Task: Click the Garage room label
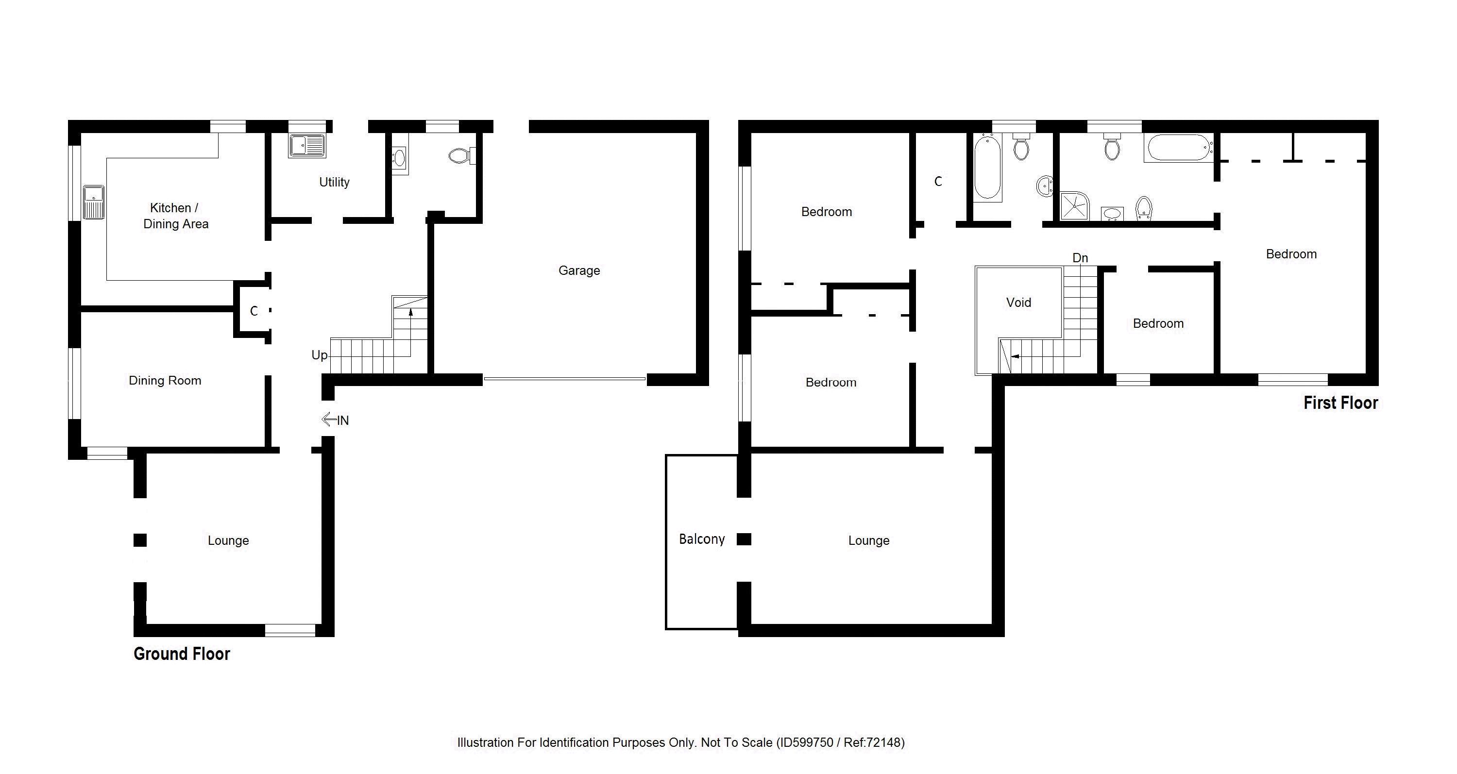pyautogui.click(x=578, y=270)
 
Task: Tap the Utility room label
pyautogui.click(x=334, y=182)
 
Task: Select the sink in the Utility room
pyautogui.click(x=306, y=146)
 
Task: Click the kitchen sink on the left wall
pyautogui.click(x=93, y=202)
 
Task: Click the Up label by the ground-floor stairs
pyautogui.click(x=319, y=355)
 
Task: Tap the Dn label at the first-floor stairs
pyautogui.click(x=1080, y=258)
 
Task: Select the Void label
pyautogui.click(x=1018, y=303)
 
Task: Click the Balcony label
pyautogui.click(x=701, y=539)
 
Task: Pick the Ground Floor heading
pyautogui.click(x=182, y=654)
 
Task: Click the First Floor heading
pyautogui.click(x=1340, y=403)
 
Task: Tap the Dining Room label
pyautogui.click(x=165, y=381)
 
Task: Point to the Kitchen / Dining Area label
pyautogui.click(x=175, y=216)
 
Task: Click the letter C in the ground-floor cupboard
pyautogui.click(x=254, y=311)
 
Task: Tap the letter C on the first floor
pyautogui.click(x=938, y=182)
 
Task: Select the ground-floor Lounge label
pyautogui.click(x=228, y=540)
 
